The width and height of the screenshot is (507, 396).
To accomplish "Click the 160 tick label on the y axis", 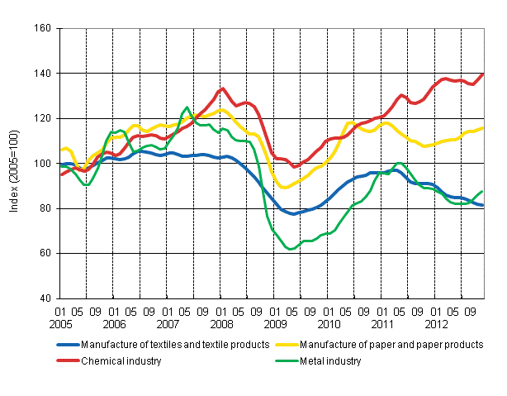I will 45,28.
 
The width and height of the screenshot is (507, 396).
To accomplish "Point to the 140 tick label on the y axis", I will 45,74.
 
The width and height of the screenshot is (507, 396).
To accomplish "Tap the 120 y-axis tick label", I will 45,118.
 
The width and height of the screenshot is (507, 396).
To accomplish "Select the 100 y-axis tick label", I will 45,164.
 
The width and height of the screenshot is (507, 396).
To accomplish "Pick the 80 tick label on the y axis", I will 47,208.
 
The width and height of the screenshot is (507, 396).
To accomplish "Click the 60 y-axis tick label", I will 47,253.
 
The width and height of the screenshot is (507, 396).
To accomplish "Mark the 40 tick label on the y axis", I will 47,298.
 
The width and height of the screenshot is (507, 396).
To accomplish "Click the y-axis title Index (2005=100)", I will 13,164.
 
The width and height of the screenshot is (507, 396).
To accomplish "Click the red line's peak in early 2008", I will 223,88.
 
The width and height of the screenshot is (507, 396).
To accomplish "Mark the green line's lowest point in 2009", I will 290,249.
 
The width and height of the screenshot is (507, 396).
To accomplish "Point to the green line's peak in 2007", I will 187,107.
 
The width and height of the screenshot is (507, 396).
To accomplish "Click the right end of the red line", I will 483,74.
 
